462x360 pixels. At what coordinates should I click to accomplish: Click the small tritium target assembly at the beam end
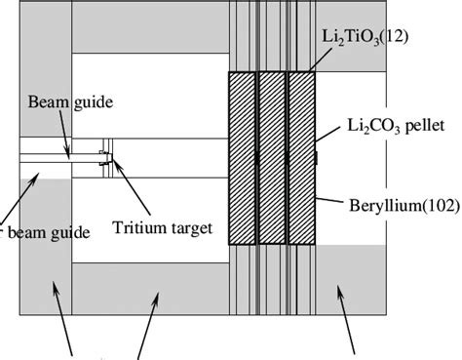tap(104, 159)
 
